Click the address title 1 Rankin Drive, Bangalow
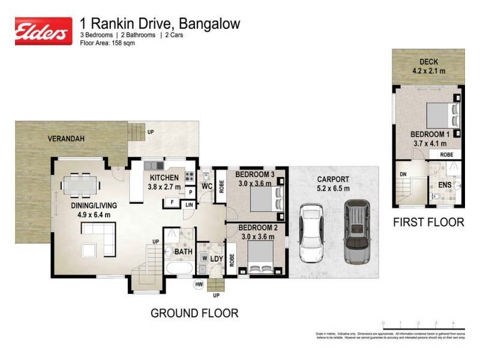[x=160, y=23]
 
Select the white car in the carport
[x=311, y=234]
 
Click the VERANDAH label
[x=66, y=139]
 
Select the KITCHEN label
[x=164, y=177]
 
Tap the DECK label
[x=428, y=62]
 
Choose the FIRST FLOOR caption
[x=428, y=223]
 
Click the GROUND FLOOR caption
[x=194, y=313]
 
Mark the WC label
[x=208, y=187]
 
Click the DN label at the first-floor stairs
[x=403, y=175]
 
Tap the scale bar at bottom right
[x=423, y=327]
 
